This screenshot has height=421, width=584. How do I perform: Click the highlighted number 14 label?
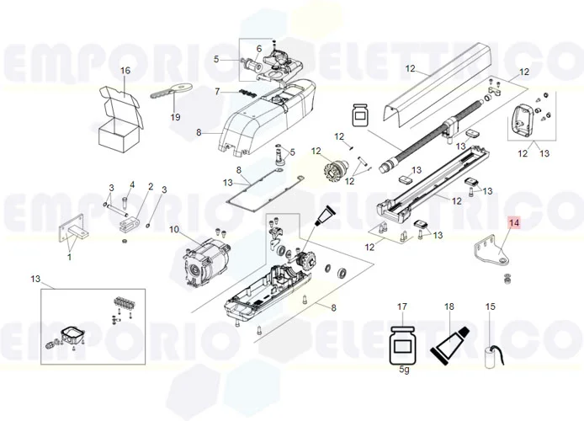(514, 223)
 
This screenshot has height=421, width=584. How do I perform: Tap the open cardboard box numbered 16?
(120, 119)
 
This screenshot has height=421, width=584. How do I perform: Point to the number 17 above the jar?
(402, 306)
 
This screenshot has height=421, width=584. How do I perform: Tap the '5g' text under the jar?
(404, 370)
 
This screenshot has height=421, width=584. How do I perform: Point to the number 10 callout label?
(174, 230)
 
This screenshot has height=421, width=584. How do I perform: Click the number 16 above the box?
(125, 71)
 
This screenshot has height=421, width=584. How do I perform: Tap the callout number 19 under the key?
(175, 117)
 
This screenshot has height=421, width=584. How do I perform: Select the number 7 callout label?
(217, 91)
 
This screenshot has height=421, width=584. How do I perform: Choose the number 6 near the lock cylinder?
(259, 49)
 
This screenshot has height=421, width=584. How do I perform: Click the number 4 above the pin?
(132, 184)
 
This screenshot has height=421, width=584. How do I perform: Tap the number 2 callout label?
(151, 186)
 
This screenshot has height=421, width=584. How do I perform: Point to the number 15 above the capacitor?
(491, 306)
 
